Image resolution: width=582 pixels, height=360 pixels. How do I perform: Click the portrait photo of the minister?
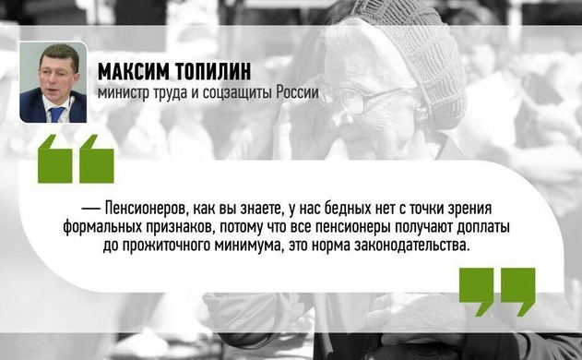tap(53, 82)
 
